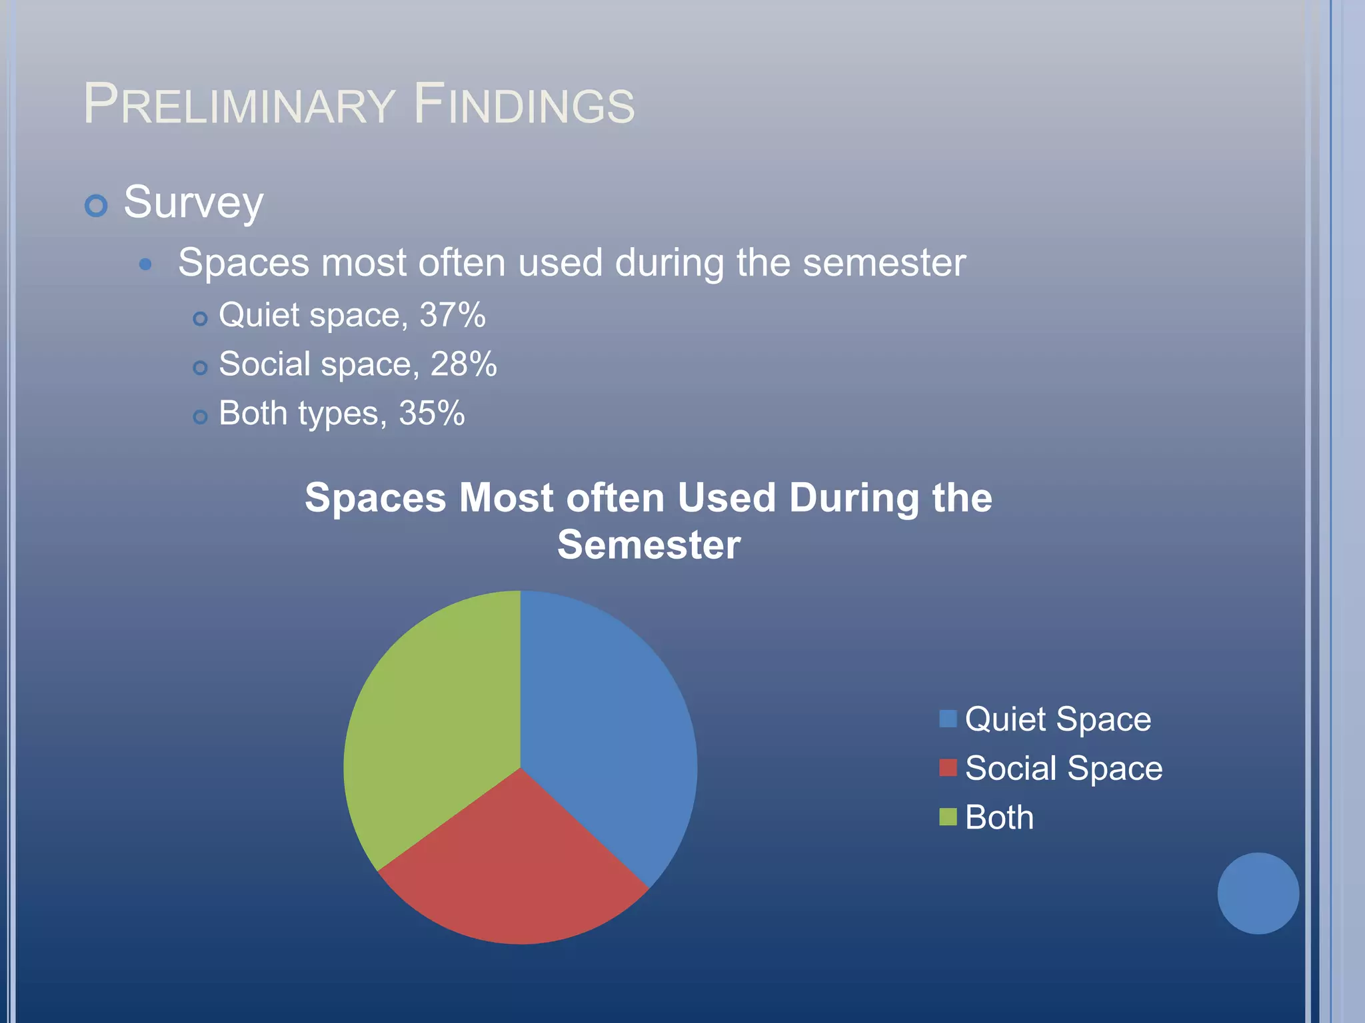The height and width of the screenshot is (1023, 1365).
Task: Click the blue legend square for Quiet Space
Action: click(947, 719)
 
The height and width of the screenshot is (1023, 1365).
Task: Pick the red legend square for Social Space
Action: click(947, 768)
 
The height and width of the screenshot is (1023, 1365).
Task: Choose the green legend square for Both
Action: click(947, 817)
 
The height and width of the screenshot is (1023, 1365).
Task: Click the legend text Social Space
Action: click(1063, 768)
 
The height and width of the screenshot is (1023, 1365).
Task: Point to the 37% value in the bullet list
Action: click(452, 315)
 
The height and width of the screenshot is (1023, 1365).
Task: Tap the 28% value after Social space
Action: click(463, 364)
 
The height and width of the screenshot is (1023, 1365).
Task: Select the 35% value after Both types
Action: click(431, 413)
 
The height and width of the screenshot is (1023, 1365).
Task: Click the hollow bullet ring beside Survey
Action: click(96, 205)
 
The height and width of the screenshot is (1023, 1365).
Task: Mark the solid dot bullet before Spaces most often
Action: click(145, 264)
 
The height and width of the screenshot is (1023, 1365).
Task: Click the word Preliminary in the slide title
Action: click(239, 105)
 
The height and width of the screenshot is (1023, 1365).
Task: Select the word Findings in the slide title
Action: click(524, 105)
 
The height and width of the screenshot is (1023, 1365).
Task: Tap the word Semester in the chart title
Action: click(649, 545)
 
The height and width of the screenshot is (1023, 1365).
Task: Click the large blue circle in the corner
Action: click(1258, 893)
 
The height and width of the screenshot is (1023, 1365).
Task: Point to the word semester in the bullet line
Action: click(884, 263)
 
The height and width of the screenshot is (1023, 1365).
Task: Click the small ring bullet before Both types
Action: click(200, 417)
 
